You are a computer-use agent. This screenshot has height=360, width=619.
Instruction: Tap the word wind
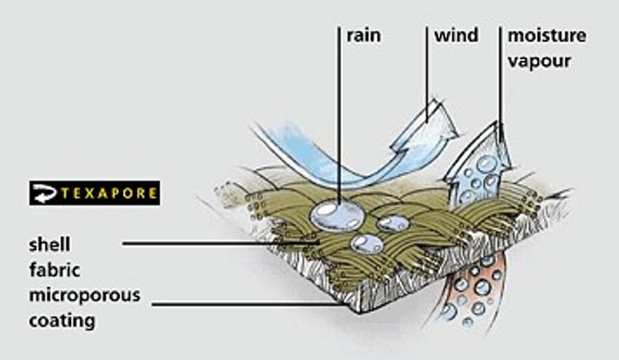point(455,37)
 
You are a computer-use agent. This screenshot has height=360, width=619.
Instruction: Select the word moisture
point(547,37)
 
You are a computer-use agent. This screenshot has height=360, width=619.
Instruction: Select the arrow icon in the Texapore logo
point(44,193)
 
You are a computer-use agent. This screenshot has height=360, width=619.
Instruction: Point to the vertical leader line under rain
point(339,117)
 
